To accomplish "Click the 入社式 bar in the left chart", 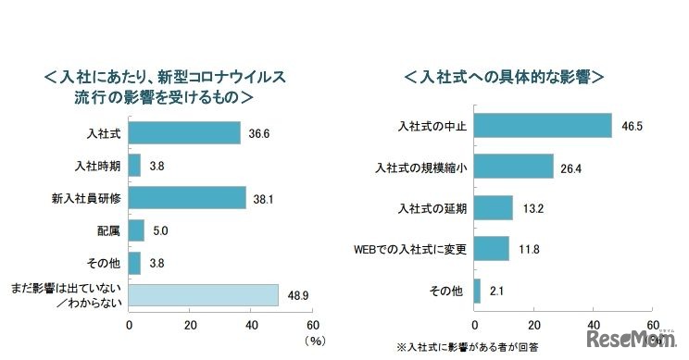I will [x=184, y=133].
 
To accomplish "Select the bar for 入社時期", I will [x=134, y=167].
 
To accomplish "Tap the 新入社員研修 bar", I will [x=187, y=198].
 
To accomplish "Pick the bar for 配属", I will [x=136, y=230].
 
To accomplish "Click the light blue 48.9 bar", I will [x=203, y=295].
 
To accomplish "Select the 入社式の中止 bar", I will [x=543, y=125].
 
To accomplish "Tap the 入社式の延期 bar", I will [x=493, y=208].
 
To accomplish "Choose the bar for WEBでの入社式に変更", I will [x=491, y=249].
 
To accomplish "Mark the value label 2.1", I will [x=496, y=291].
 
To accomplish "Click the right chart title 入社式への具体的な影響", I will [x=504, y=76].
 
